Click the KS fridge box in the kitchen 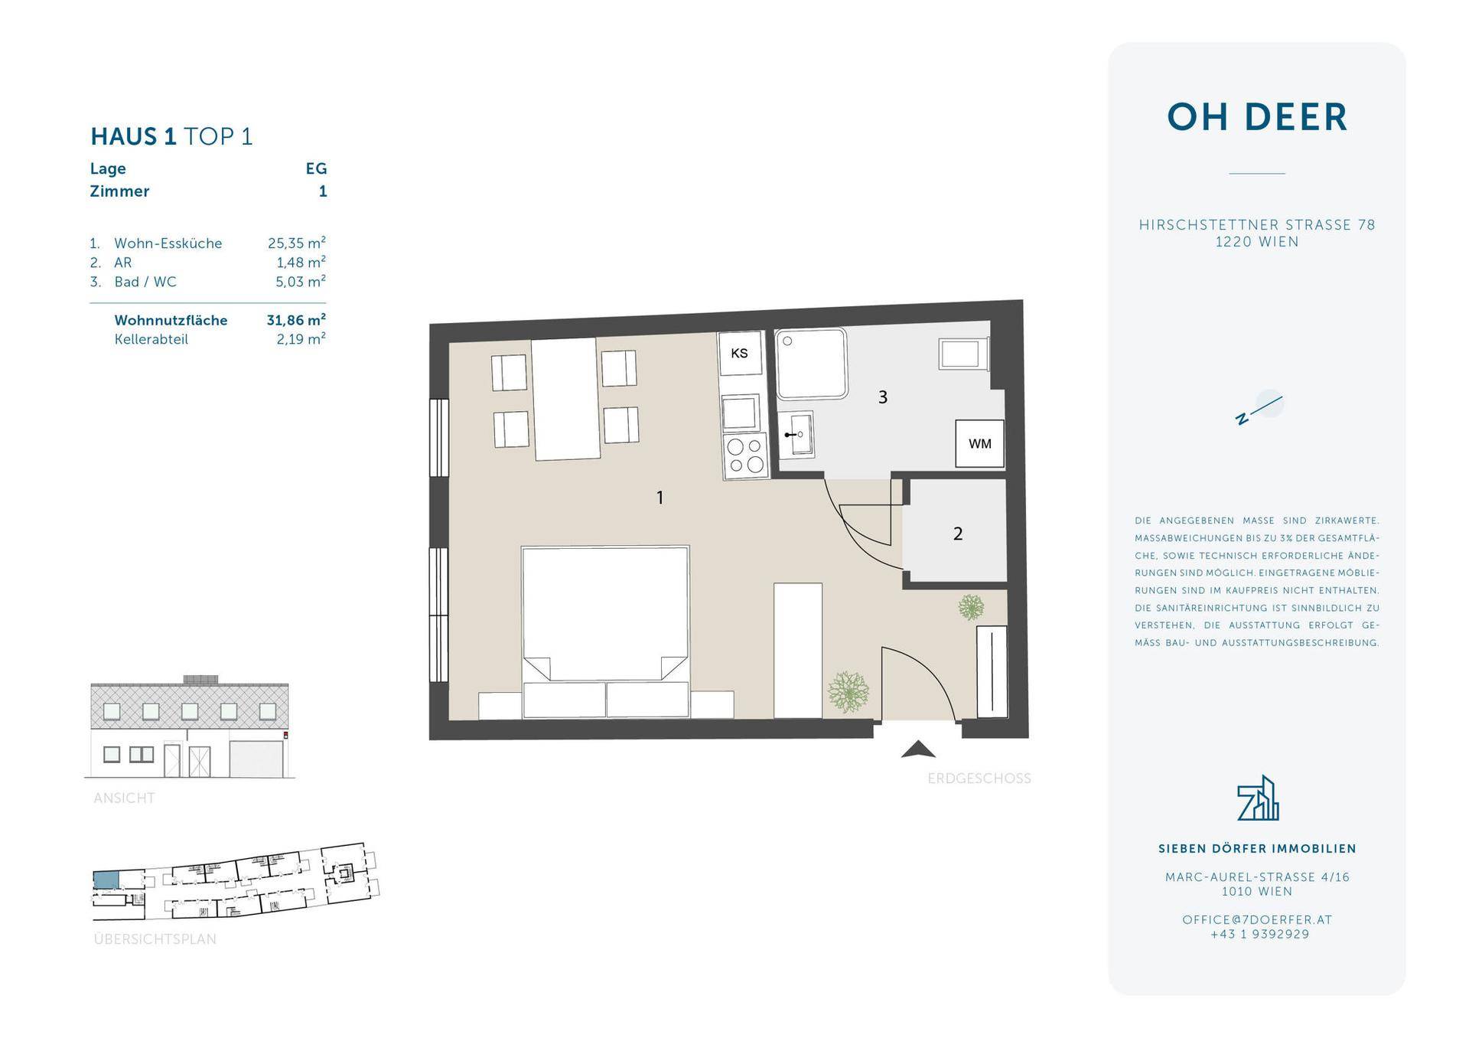[740, 353]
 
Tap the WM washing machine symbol [979, 444]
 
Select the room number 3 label [883, 397]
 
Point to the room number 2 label [958, 534]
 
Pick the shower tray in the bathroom [811, 364]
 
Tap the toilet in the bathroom [964, 354]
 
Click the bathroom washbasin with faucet [796, 434]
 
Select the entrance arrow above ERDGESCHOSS [918, 749]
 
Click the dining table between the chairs [565, 399]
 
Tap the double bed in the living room [605, 632]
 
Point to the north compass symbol [1259, 407]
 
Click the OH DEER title [1257, 117]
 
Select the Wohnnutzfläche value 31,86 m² [296, 319]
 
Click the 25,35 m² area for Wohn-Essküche [297, 243]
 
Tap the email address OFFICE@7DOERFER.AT [1257, 919]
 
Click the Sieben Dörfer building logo [1258, 798]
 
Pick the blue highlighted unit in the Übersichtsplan [106, 880]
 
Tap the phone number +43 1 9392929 [1259, 934]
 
